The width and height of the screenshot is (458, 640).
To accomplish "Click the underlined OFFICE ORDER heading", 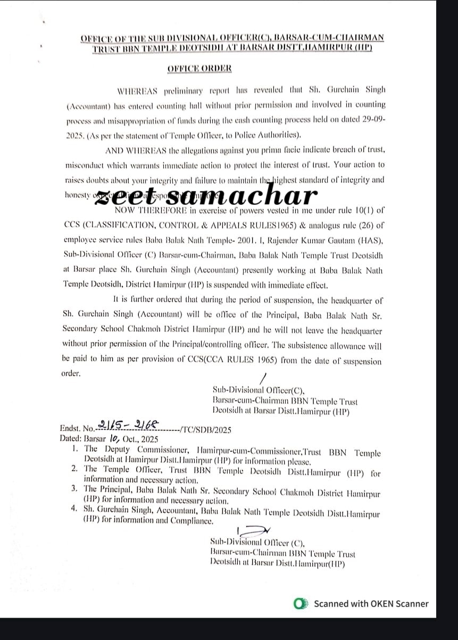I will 200,68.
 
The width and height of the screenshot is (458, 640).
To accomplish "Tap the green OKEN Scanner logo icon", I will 302,603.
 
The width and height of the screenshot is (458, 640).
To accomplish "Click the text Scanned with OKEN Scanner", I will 371,603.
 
